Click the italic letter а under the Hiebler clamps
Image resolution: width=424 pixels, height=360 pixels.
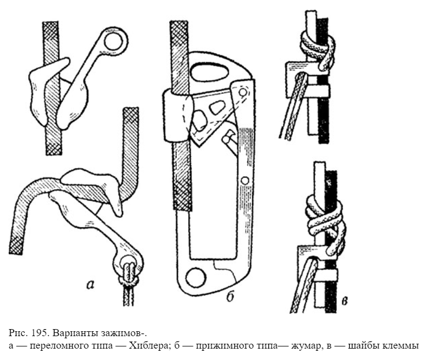pyautogui.click(x=91, y=284)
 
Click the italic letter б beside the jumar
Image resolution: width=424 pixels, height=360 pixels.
pyautogui.click(x=230, y=296)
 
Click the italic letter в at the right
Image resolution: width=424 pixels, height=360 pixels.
pyautogui.click(x=344, y=300)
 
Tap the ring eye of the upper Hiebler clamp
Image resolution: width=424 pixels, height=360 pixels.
pyautogui.click(x=113, y=41)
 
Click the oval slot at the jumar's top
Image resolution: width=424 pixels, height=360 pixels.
pyautogui.click(x=210, y=72)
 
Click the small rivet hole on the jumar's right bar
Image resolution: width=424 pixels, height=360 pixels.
pyautogui.click(x=245, y=180)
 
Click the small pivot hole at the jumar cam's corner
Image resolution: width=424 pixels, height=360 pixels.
pyautogui.click(x=242, y=92)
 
